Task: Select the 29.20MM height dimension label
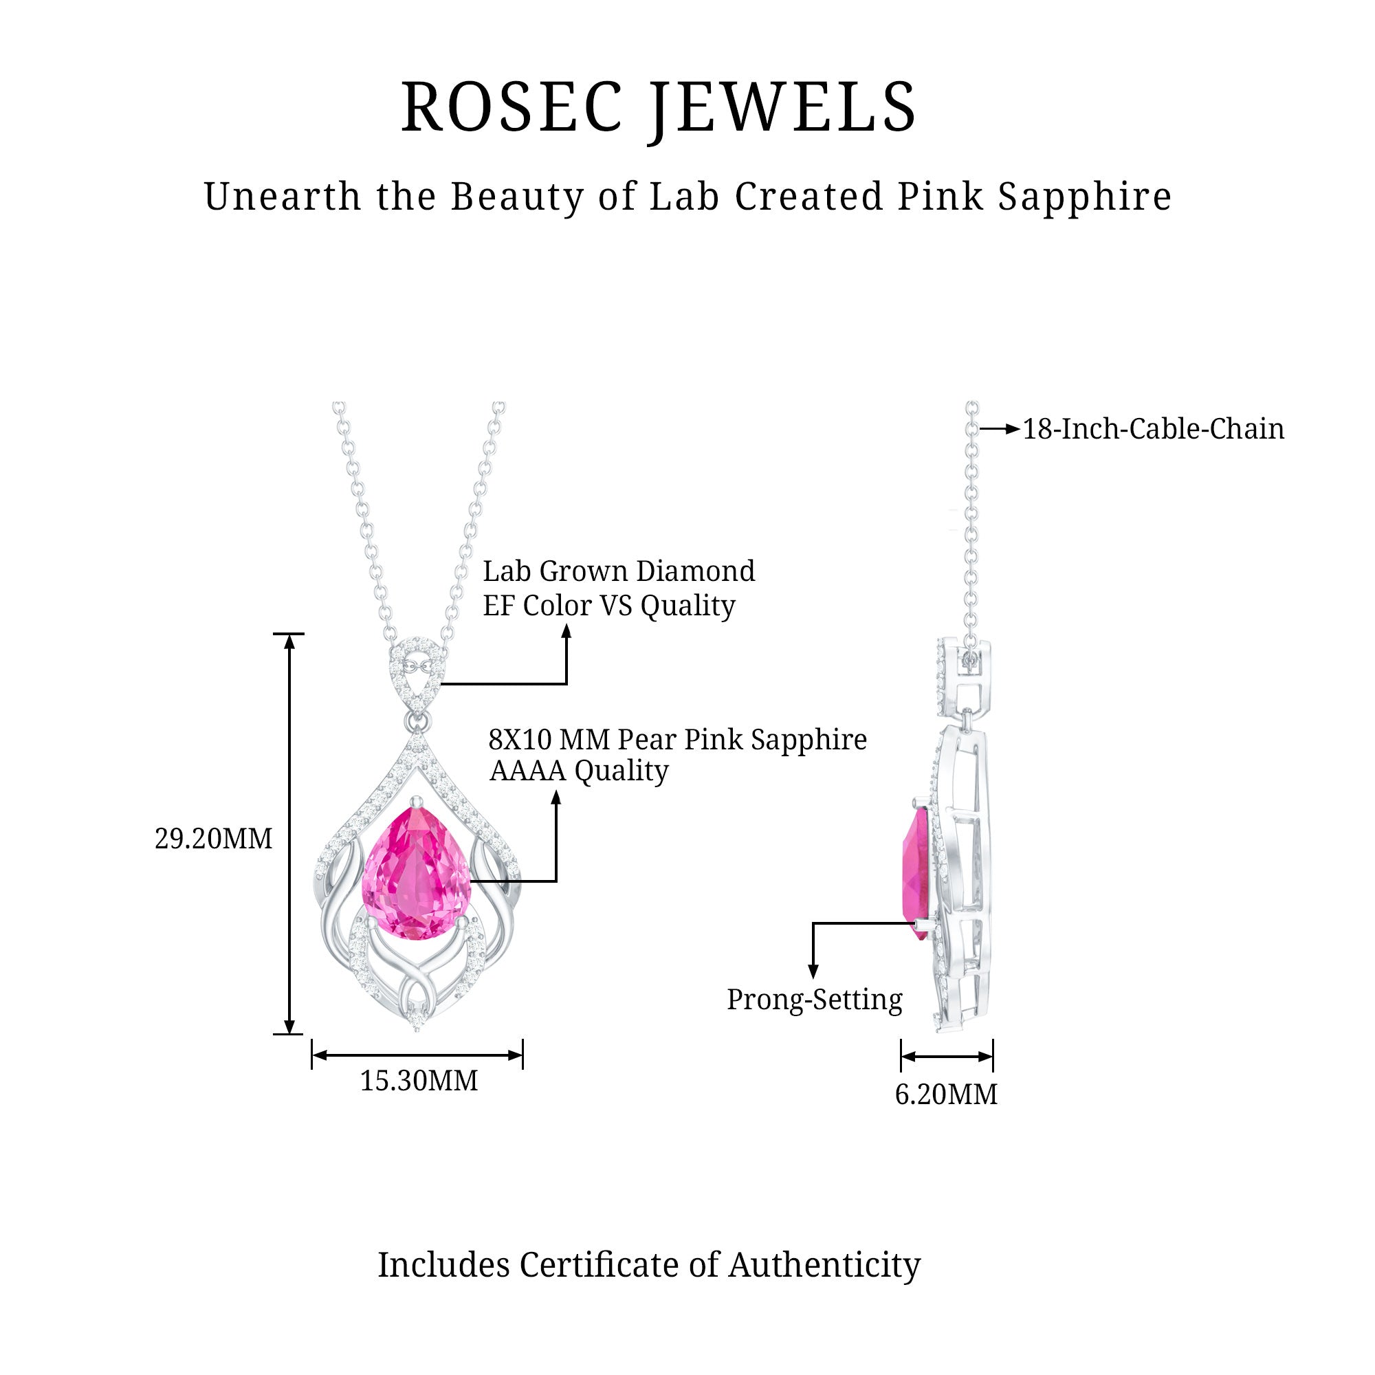coord(214,839)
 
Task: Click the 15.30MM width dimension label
coord(419,1080)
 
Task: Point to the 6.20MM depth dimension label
coord(946,1094)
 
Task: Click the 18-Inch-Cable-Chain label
coord(1153,429)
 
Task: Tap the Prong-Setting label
coord(814,999)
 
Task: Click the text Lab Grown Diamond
coord(619,571)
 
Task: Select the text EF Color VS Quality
coord(608,606)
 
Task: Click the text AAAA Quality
coord(579,771)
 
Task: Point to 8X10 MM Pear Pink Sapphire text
coord(676,740)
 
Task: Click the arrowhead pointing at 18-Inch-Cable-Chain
coord(1013,429)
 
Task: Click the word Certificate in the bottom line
coord(599,1265)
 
